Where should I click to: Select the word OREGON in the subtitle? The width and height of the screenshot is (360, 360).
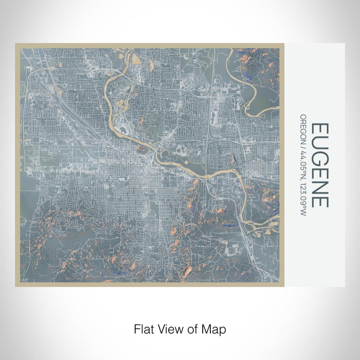[304, 128]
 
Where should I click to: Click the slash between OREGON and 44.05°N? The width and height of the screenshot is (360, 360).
[304, 145]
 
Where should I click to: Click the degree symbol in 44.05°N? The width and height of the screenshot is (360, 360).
[304, 167]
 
